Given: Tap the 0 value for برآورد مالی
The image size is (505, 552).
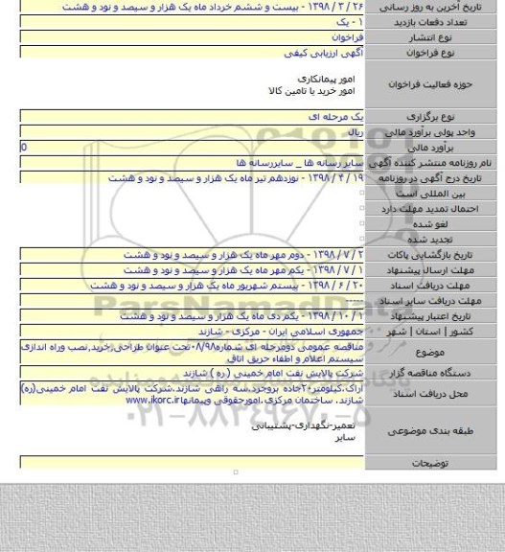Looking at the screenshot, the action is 24,148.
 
